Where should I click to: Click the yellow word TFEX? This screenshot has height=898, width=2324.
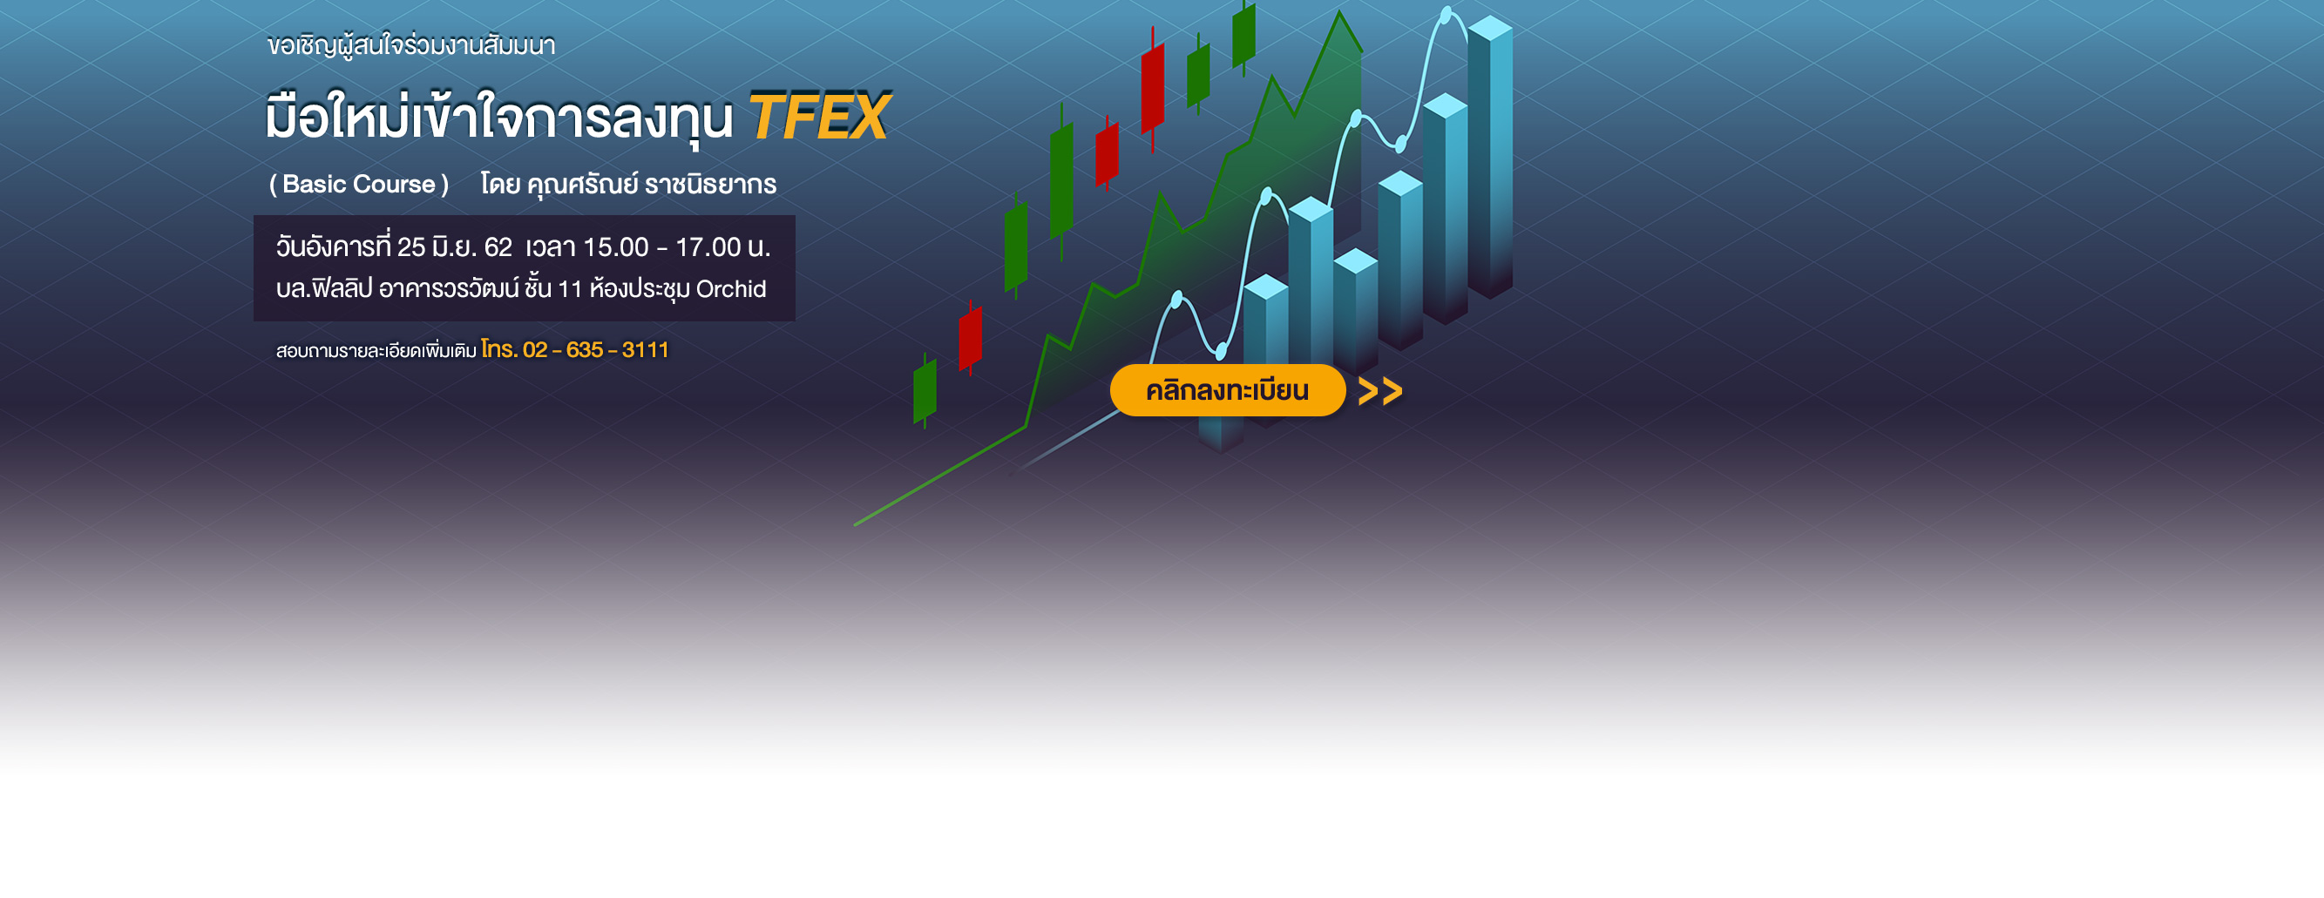[x=819, y=118]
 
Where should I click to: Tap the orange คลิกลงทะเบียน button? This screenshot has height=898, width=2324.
[x=1227, y=390]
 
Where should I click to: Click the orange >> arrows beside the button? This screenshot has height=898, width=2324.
[x=1380, y=391]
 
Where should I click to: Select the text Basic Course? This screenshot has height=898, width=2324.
[x=359, y=184]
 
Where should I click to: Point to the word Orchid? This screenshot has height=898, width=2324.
[x=731, y=288]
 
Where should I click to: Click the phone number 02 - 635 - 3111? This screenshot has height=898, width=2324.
[x=595, y=350]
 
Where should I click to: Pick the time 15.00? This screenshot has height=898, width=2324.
[x=616, y=247]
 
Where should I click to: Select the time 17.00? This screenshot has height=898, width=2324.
[x=708, y=247]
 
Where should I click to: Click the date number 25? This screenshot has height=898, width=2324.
[x=410, y=247]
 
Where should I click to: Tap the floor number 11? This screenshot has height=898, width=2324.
[x=570, y=289]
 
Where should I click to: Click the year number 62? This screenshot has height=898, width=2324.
[x=498, y=247]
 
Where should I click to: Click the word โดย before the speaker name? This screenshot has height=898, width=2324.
[x=500, y=184]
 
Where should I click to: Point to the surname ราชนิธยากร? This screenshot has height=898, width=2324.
[x=710, y=184]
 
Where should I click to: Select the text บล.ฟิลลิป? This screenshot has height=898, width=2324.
[x=324, y=288]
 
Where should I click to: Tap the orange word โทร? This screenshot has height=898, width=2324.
[x=499, y=349]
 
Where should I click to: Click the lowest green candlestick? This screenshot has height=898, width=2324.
[x=925, y=391]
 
